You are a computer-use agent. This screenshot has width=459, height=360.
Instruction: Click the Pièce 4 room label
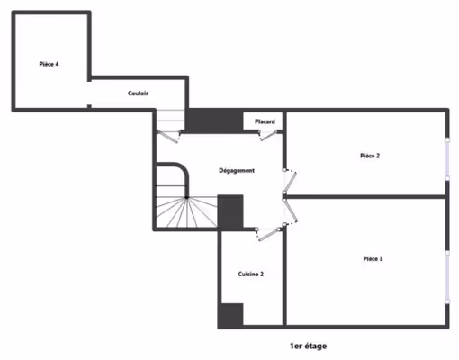(49, 64)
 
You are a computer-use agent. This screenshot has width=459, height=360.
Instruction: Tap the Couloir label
(138, 94)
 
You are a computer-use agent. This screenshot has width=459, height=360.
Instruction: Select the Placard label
(265, 121)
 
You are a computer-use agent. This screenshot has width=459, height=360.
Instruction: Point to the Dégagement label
(237, 171)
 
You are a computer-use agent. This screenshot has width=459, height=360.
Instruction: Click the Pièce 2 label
(370, 156)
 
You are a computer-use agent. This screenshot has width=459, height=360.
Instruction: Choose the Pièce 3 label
(373, 258)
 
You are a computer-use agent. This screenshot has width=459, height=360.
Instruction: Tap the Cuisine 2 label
(251, 274)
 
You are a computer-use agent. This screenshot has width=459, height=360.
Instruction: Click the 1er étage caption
(308, 346)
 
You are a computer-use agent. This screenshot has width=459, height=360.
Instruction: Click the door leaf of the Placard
(268, 135)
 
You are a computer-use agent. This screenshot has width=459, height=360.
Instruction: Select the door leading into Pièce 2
(291, 181)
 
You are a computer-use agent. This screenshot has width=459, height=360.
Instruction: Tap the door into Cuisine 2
(269, 234)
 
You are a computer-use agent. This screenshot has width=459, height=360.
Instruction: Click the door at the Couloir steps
(168, 137)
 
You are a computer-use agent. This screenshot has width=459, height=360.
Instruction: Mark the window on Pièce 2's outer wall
(447, 159)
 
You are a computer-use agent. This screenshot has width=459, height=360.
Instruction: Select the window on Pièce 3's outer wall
(447, 277)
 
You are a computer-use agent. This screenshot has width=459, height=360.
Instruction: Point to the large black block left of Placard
(214, 121)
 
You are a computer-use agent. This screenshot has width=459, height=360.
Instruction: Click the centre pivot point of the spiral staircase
(186, 197)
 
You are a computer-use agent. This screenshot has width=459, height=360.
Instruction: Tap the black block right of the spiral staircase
(230, 211)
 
